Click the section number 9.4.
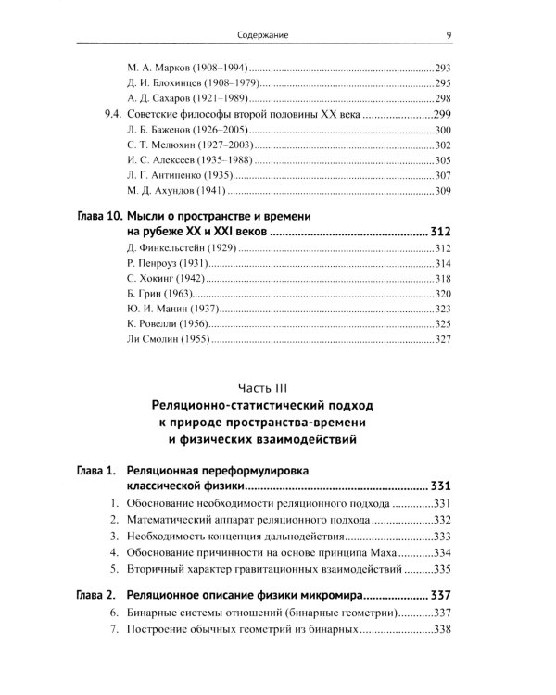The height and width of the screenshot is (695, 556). (108, 115)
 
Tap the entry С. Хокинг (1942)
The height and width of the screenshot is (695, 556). (162, 279)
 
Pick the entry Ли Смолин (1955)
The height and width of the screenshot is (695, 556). (167, 339)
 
